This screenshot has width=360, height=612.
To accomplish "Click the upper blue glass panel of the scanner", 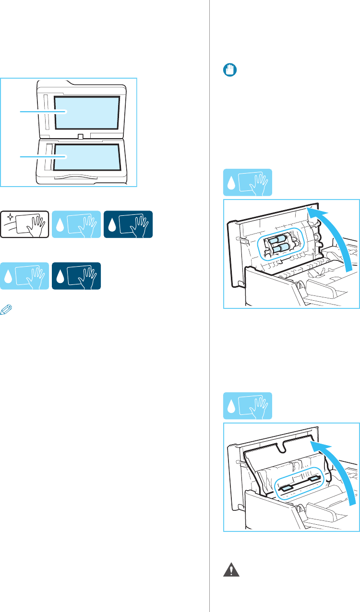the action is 86,113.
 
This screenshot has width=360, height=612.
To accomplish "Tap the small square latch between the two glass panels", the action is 81,137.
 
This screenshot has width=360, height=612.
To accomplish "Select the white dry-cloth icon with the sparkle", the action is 24,224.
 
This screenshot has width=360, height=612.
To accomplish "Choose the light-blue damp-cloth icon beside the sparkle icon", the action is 76,224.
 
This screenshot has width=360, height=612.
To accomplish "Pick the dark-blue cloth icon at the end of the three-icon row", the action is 128,224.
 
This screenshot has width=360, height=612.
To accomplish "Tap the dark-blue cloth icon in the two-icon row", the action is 76,276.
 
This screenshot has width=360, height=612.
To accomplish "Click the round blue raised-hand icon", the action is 228,70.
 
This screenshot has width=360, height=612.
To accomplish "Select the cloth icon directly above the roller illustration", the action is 248,182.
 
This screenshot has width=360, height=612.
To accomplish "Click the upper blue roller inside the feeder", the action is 277,239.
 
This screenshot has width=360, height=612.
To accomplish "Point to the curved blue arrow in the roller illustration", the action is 342,240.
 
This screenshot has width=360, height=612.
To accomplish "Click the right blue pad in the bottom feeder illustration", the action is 314,478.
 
